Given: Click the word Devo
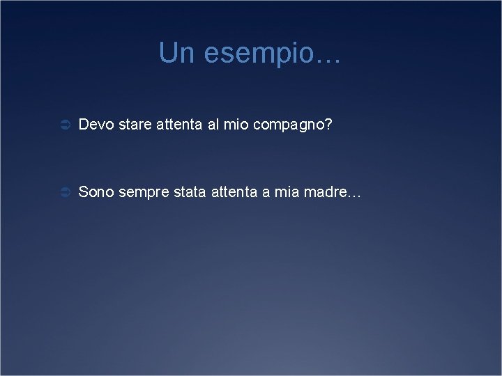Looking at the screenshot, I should click(x=96, y=125).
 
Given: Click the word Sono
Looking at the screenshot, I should click(x=96, y=191).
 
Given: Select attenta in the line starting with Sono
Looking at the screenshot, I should click(x=233, y=191).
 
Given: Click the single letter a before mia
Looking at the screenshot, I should click(x=266, y=193).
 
